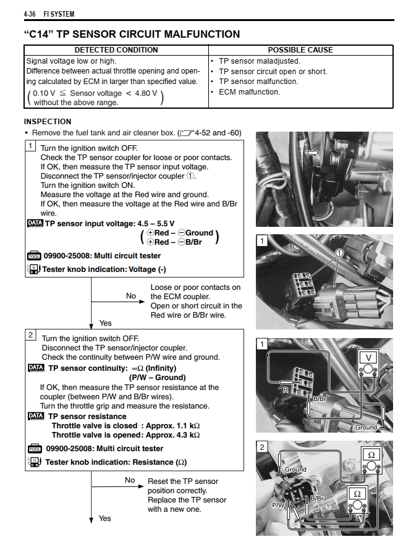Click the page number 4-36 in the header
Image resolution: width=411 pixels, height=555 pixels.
click(32, 13)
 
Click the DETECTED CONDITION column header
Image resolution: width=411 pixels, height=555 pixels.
click(116, 49)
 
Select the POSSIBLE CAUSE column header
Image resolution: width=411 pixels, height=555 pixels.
click(300, 49)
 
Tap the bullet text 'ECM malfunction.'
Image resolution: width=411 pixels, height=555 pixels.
click(249, 92)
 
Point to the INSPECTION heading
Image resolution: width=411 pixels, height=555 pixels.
click(48, 122)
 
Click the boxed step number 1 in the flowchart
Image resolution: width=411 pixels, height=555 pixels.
click(30, 146)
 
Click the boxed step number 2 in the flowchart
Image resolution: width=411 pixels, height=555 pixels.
click(30, 334)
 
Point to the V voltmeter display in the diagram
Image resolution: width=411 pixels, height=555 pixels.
click(369, 357)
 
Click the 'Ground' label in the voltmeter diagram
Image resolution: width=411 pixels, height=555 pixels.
click(366, 427)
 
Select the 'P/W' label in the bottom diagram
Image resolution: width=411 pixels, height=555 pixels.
click(279, 505)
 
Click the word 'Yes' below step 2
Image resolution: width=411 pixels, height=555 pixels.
click(105, 518)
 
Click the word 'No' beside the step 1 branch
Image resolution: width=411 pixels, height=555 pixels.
click(131, 296)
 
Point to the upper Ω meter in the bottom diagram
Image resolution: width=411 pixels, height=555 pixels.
click(371, 454)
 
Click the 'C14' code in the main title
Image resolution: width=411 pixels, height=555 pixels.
click(41, 34)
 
